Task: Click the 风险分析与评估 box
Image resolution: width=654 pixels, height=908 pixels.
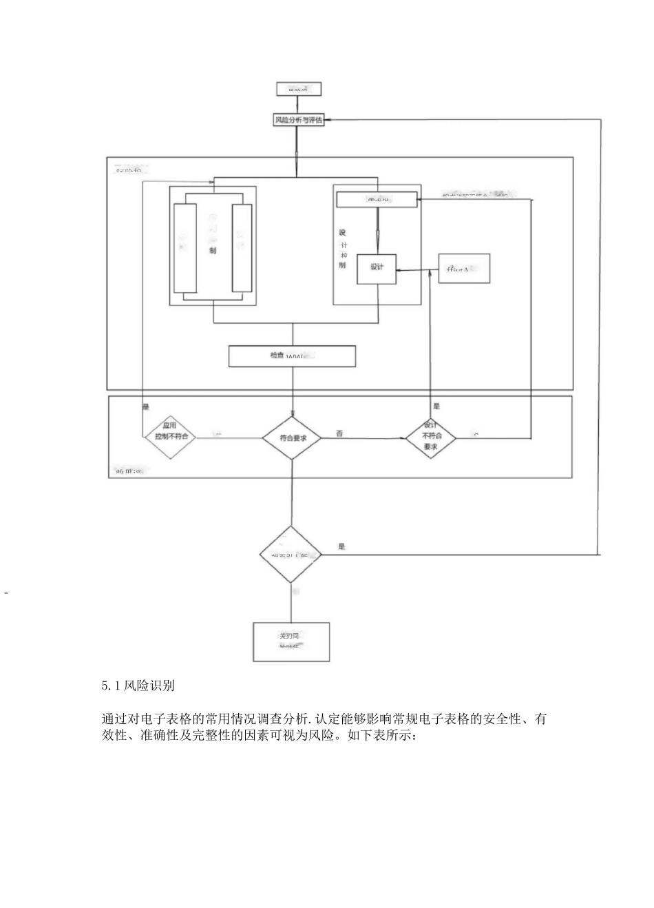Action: pyautogui.click(x=298, y=120)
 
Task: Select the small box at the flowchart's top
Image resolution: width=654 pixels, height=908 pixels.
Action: pyautogui.click(x=298, y=89)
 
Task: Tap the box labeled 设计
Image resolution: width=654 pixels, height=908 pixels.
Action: pyautogui.click(x=377, y=267)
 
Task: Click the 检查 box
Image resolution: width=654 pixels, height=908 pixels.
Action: pyautogui.click(x=292, y=356)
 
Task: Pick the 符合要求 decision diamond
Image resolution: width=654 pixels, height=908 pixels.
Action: pyautogui.click(x=293, y=437)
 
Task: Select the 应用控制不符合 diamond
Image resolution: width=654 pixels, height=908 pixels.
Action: pyautogui.click(x=169, y=437)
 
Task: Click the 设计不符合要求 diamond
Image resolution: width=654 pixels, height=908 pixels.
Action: pyautogui.click(x=430, y=437)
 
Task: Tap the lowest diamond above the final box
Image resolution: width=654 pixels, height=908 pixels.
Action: pyautogui.click(x=291, y=554)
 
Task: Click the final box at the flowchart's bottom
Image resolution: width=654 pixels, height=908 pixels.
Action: pyautogui.click(x=291, y=641)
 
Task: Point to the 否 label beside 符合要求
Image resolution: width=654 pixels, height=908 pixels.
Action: pyautogui.click(x=339, y=433)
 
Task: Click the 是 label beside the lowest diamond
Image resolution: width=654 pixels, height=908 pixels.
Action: pyautogui.click(x=342, y=546)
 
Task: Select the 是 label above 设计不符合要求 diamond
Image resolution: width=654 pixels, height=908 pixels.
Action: pyautogui.click(x=436, y=406)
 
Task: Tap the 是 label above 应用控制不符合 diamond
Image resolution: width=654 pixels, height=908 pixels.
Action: pyautogui.click(x=145, y=407)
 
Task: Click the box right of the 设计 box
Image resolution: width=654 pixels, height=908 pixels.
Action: pyautogui.click(x=464, y=269)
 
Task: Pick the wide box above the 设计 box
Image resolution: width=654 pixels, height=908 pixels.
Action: pyautogui.click(x=377, y=200)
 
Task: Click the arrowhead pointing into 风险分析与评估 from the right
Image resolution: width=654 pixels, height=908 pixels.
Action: pyautogui.click(x=328, y=120)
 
